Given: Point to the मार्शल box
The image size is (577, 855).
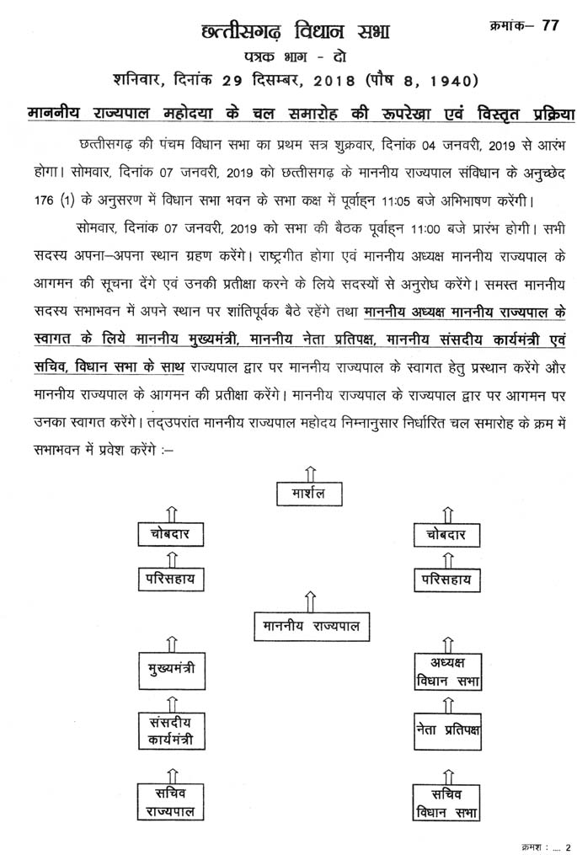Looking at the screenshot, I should (x=310, y=493).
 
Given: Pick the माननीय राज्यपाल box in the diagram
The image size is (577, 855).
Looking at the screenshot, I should (x=310, y=626).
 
